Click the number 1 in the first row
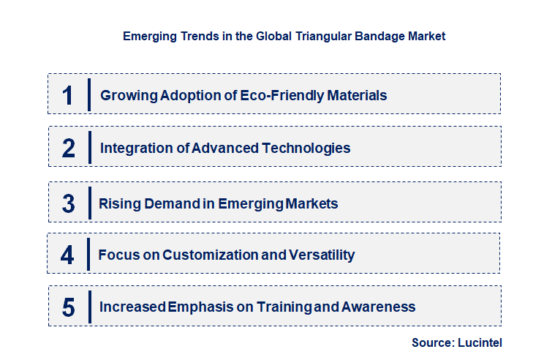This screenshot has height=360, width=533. [68, 95]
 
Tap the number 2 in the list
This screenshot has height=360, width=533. [69, 148]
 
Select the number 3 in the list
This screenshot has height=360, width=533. [69, 203]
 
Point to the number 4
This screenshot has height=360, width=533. [68, 255]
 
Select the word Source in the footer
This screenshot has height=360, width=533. [432, 342]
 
